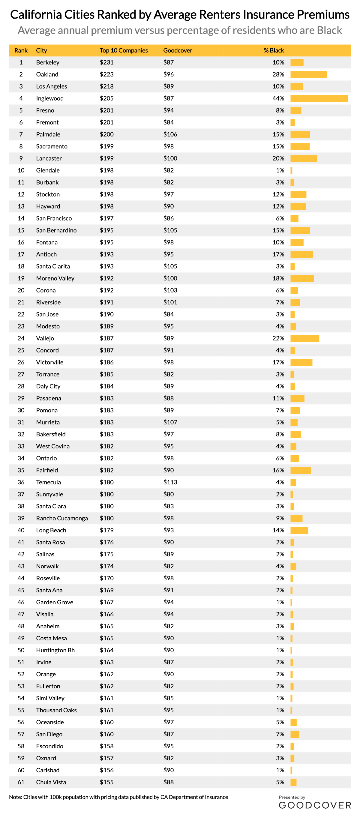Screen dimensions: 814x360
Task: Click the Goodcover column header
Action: coord(178,51)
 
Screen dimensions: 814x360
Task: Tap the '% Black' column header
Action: coord(274,51)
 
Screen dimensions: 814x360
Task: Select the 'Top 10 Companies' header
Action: coord(124,51)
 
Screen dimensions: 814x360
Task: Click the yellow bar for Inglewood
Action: coord(319,99)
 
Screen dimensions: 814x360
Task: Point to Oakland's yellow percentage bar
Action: coord(308,75)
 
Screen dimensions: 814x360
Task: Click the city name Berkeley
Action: coord(48,63)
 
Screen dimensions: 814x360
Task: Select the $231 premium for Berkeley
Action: coord(106,63)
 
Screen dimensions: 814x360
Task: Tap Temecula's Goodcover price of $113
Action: coord(170,482)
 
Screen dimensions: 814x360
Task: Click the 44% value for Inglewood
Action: coord(278,99)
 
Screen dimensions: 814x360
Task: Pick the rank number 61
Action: coord(21,782)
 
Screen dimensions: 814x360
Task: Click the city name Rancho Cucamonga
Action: coord(62,518)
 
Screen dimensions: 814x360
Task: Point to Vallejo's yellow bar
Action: coord(305,338)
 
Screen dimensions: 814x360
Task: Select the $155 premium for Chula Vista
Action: coord(106,782)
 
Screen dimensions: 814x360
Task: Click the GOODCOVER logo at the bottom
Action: coord(315,805)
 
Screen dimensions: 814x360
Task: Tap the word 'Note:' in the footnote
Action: coord(15,797)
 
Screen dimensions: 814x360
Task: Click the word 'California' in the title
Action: coord(36,15)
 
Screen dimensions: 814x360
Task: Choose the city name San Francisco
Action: coord(54,218)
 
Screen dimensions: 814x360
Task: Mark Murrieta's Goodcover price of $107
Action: coord(170,422)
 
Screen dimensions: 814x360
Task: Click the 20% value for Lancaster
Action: coord(278,159)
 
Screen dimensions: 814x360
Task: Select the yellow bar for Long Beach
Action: coord(299,530)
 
